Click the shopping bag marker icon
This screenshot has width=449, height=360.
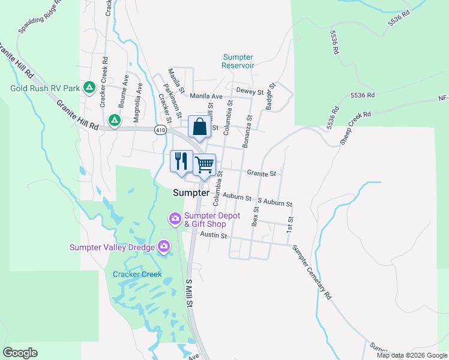point(199,127)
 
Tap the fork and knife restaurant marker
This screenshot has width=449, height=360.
point(181,161)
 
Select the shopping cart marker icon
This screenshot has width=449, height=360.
point(205,164)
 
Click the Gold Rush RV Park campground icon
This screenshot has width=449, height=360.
point(89,88)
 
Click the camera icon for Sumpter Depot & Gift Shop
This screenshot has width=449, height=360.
point(175,218)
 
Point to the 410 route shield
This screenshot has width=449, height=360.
point(160,130)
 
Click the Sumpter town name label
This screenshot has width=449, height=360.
point(191,193)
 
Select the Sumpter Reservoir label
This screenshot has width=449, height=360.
point(238,61)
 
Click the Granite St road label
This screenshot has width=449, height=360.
point(261,173)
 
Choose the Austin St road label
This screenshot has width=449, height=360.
point(213,236)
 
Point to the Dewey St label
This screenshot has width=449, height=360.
point(250,91)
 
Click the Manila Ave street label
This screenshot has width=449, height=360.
point(206,96)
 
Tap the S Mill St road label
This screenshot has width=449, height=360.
point(189,293)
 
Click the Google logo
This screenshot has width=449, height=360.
point(20,353)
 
